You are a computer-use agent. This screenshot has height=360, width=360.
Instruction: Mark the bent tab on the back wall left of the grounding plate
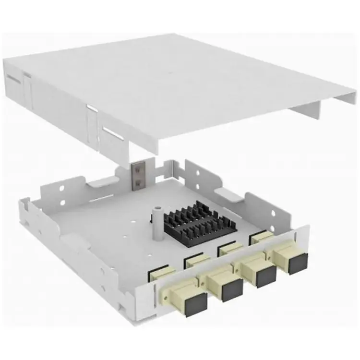click(x=102, y=181)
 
